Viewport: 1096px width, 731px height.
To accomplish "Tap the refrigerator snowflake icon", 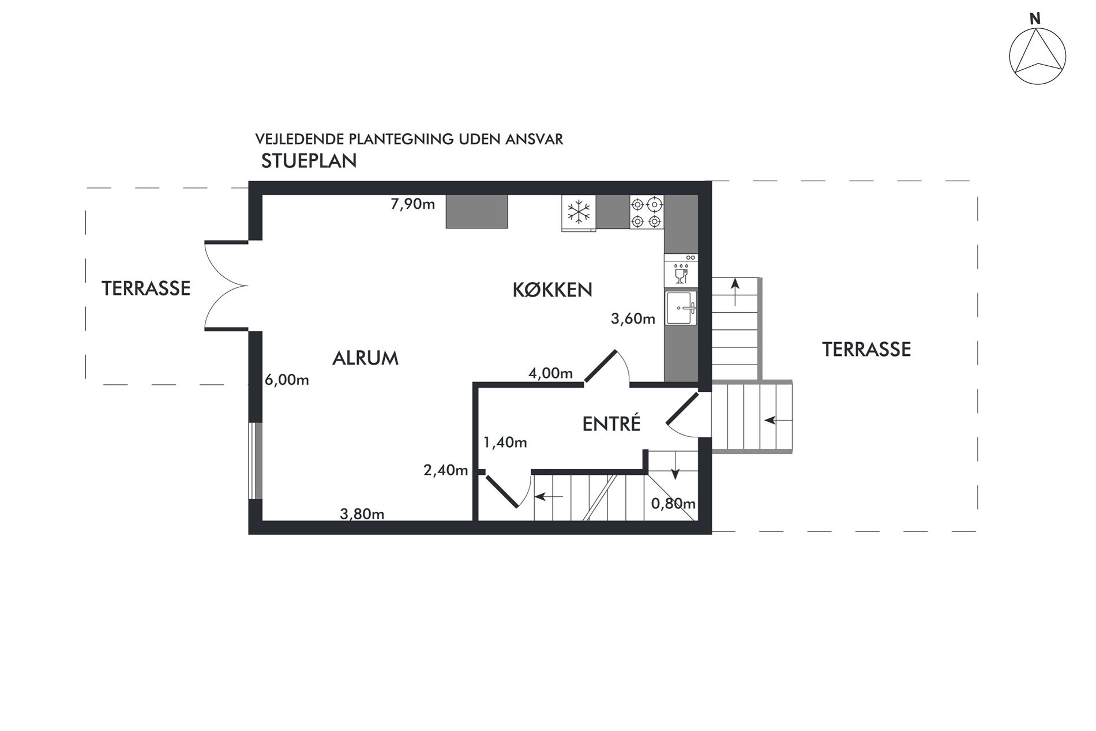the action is [579, 212].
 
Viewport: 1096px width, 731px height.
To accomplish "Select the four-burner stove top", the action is [647, 212].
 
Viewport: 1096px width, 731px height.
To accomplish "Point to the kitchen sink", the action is [681, 308].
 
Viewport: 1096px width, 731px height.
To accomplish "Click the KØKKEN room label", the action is [552, 290].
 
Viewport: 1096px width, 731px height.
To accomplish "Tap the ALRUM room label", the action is [365, 358].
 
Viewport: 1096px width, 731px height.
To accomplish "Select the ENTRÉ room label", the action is [611, 423].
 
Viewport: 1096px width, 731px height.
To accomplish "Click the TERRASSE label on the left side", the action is [146, 288].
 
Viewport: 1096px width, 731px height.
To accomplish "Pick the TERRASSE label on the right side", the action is [866, 349].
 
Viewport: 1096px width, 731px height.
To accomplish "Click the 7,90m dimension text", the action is [413, 204].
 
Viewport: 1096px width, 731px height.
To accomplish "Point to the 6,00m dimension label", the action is [287, 380].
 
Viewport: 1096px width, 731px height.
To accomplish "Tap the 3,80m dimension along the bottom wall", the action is [362, 514].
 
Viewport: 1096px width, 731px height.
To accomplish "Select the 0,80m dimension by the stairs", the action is [673, 504].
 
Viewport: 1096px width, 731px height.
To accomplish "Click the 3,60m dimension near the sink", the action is [633, 318].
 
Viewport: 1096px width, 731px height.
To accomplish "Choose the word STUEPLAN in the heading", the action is [309, 161].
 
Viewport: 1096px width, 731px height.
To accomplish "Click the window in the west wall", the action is [256, 461].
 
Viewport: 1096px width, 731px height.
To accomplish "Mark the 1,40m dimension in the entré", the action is [505, 443].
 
